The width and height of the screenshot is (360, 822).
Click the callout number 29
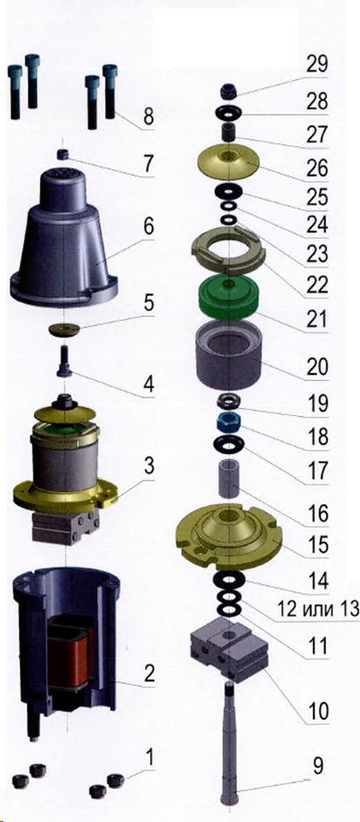tap(317, 66)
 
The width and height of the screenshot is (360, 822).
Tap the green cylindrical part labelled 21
tap(228, 298)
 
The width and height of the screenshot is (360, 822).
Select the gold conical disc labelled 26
tap(228, 162)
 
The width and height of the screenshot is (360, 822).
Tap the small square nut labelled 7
tap(63, 154)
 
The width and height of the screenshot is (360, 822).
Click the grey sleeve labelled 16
tap(228, 479)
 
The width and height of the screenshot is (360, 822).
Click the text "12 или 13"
tap(317, 609)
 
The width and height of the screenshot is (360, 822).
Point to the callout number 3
tap(149, 466)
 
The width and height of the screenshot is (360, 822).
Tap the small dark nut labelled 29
tap(228, 92)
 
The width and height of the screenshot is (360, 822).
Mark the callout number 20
tap(317, 367)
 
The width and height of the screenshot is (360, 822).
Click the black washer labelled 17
tap(228, 445)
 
